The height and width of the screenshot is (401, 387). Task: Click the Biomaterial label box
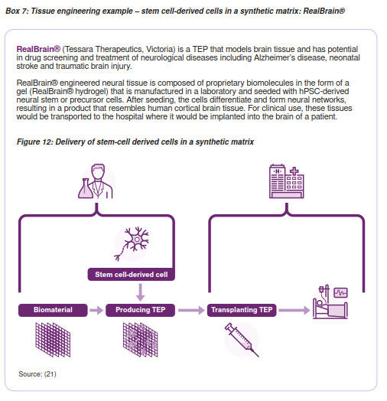pyautogui.click(x=53, y=310)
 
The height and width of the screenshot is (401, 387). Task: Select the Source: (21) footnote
pyautogui.click(x=37, y=374)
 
